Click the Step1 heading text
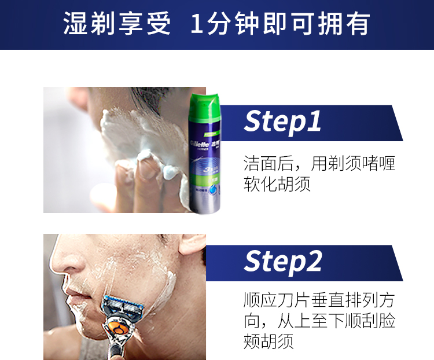pos(282,122)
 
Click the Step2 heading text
pos(283,262)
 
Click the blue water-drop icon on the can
pos(214,190)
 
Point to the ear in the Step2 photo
pos(192,244)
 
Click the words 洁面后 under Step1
pos(269,163)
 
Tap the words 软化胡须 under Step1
pos(277,183)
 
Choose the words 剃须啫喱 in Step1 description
pos(362,163)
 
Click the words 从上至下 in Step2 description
pos(311,321)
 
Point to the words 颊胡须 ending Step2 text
pos(269,341)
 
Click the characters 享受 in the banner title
pos(145,24)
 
